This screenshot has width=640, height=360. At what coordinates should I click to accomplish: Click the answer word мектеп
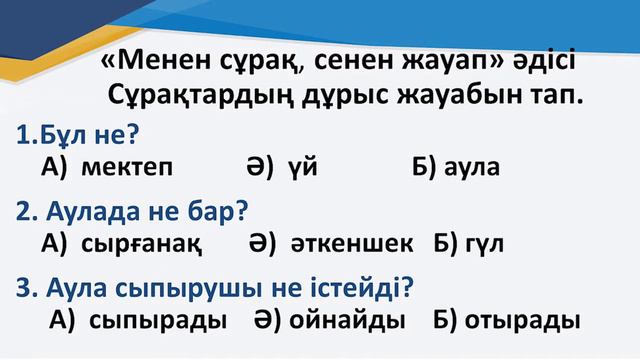click(128, 167)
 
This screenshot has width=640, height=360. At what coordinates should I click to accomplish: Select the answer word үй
click(301, 167)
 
